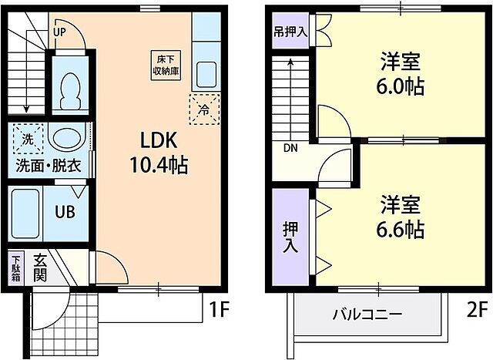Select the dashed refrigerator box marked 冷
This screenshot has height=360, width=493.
click(x=204, y=109)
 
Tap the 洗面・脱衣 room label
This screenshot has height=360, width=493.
click(x=48, y=165)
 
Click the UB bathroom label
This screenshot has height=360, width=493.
click(x=64, y=210)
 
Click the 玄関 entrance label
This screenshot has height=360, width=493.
click(x=40, y=267)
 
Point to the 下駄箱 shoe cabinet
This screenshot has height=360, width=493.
click(x=16, y=271)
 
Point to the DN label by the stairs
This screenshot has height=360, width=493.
click(x=290, y=148)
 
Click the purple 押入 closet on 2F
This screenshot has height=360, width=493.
click(x=290, y=236)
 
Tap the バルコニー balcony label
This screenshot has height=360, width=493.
click(x=367, y=315)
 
